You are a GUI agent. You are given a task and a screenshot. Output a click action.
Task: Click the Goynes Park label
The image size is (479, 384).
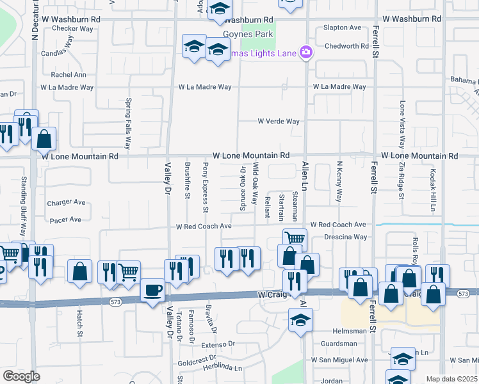point(248,34)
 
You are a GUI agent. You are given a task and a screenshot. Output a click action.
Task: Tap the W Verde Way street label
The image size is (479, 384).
point(279,121)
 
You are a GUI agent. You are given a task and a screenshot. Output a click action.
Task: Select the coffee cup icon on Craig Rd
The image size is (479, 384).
point(152,291)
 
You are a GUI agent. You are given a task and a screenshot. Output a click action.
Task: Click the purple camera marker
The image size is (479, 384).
point(306,52)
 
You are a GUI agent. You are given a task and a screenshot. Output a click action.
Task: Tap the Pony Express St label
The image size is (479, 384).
point(206,188)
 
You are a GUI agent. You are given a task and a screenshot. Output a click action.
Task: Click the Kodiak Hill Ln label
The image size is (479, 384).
point(433,191)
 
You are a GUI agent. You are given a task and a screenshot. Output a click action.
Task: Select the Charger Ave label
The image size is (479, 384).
point(66,203)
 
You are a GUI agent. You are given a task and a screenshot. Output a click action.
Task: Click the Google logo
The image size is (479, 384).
point(21,376)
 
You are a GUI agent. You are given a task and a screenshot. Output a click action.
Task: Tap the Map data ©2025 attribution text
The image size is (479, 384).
point(452,379)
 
